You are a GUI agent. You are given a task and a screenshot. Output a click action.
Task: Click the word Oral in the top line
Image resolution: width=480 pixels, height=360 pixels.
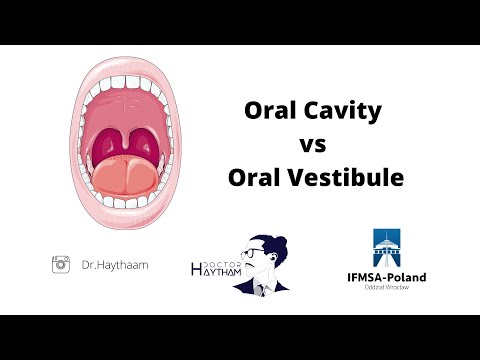pos(271,112)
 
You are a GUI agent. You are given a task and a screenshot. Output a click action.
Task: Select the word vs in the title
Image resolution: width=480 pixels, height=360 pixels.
pos(313,145)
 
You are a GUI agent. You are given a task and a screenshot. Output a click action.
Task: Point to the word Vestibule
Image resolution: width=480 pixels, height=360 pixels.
pos(345,179)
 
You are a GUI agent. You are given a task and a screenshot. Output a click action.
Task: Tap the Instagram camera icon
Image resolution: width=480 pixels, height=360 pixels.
pos(61,264)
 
